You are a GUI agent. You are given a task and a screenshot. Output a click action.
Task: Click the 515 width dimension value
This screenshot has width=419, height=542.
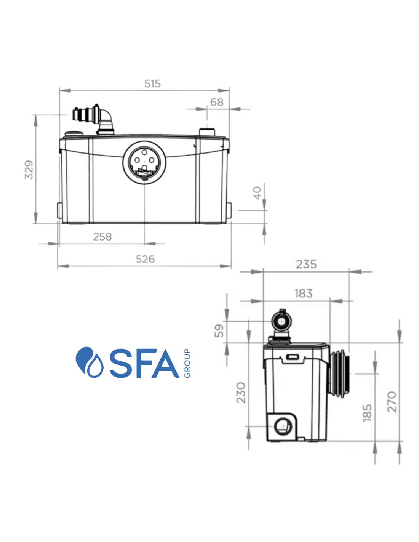(x=152, y=83)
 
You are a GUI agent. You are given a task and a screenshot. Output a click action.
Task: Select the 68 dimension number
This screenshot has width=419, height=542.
(x=217, y=102)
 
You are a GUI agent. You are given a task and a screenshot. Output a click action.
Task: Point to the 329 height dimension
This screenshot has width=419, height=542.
(x=29, y=170)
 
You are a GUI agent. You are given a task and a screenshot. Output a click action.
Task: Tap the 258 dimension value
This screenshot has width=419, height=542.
(x=102, y=236)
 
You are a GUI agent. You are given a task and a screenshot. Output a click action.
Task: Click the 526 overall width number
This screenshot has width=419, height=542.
(x=145, y=259)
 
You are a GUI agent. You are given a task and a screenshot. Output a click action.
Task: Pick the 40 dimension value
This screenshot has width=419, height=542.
(x=257, y=193)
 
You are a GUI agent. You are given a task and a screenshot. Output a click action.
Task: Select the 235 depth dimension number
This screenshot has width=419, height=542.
(x=306, y=264)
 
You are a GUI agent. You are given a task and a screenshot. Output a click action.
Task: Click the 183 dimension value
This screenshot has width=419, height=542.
(x=304, y=293)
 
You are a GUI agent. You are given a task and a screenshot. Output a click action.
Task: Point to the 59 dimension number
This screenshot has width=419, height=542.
(x=219, y=330)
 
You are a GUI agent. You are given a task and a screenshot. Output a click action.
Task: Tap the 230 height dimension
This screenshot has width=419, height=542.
(x=241, y=393)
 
